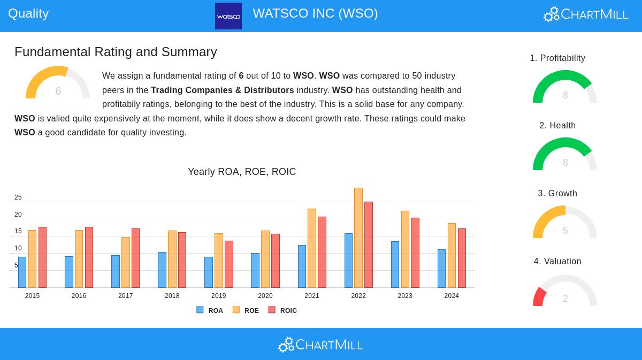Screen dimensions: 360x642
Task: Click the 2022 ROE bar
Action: click(x=358, y=238)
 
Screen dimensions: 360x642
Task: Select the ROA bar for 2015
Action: click(x=22, y=272)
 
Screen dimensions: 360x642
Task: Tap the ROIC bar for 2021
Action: click(x=322, y=252)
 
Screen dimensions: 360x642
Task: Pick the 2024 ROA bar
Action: click(x=441, y=269)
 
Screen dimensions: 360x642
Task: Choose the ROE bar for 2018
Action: click(x=172, y=259)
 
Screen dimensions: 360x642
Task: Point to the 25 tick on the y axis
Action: click(x=18, y=197)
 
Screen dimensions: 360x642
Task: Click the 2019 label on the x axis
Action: click(x=218, y=296)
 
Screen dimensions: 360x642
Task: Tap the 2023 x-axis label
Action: click(x=405, y=296)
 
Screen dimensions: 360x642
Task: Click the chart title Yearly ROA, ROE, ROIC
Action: click(x=242, y=172)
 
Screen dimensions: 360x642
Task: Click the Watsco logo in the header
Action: click(x=228, y=16)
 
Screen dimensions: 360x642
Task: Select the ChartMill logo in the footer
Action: click(x=320, y=345)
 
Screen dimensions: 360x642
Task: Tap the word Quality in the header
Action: click(x=28, y=13)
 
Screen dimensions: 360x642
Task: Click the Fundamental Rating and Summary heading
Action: click(x=116, y=52)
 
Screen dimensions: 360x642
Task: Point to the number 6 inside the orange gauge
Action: click(x=58, y=91)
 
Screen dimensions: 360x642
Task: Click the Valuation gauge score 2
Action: click(x=565, y=298)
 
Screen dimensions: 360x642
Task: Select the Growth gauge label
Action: click(x=557, y=193)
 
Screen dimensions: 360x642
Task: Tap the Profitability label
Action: click(x=557, y=58)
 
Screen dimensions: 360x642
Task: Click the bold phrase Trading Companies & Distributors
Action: click(x=223, y=90)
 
